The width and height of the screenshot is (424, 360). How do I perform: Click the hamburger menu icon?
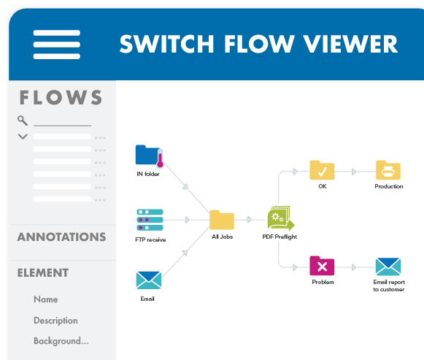pyautogui.click(x=56, y=45)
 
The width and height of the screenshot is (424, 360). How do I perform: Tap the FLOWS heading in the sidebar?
pyautogui.click(x=61, y=97)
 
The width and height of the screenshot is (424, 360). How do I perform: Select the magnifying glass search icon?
pyautogui.click(x=23, y=120)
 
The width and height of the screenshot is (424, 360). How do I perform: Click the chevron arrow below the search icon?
pyautogui.click(x=23, y=137)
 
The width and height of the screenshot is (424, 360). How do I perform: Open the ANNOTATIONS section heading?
pyautogui.click(x=61, y=237)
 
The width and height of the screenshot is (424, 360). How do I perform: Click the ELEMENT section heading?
pyautogui.click(x=43, y=273)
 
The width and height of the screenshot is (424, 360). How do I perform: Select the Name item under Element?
pyautogui.click(x=45, y=299)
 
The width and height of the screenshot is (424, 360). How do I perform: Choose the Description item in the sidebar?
pyautogui.click(x=55, y=321)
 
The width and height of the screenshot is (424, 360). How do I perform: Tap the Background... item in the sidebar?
pyautogui.click(x=61, y=341)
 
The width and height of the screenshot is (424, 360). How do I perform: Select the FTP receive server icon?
pyautogui.click(x=149, y=218)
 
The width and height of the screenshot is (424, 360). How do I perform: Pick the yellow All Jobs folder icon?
pyautogui.click(x=221, y=220)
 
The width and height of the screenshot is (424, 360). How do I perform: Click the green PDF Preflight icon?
pyautogui.click(x=280, y=218)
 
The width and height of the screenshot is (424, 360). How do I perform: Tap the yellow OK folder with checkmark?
pyautogui.click(x=322, y=170)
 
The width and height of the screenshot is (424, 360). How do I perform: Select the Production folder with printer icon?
pyautogui.click(x=388, y=170)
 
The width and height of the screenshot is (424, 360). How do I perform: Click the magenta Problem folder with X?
pyautogui.click(x=322, y=266)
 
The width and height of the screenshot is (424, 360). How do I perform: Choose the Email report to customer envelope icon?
pyautogui.click(x=388, y=267)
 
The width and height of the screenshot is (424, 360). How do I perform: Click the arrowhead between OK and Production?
pyautogui.click(x=354, y=172)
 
